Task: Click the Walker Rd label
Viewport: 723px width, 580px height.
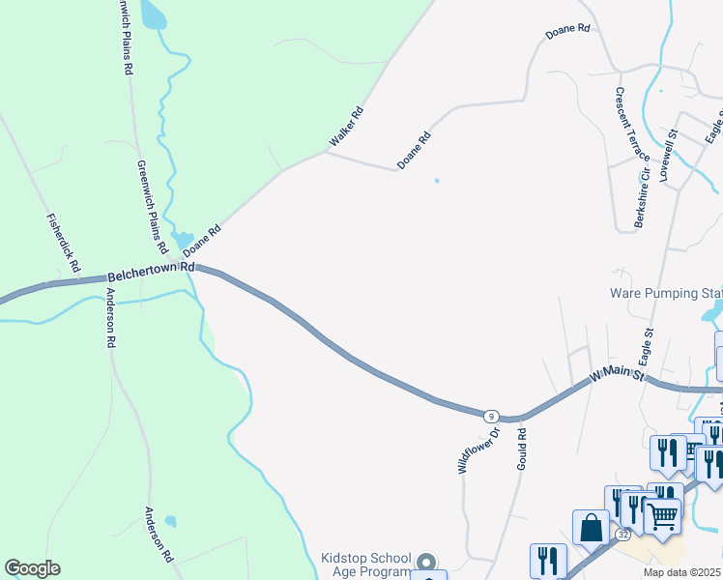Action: (x=345, y=127)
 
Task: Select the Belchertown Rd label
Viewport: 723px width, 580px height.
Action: (x=152, y=272)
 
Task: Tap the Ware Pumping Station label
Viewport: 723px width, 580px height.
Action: (x=666, y=293)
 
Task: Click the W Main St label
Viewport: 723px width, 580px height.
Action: (x=616, y=372)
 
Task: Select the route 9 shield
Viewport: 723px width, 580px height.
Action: (x=492, y=416)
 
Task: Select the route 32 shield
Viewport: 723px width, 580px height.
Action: (x=623, y=534)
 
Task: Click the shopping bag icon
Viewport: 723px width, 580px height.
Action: (x=591, y=528)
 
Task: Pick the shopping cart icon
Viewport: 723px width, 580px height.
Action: (x=663, y=516)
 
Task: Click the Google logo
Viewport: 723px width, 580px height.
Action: (x=32, y=568)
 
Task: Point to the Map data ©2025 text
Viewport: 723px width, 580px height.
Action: (x=682, y=572)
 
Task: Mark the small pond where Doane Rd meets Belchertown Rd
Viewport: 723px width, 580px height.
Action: (x=181, y=238)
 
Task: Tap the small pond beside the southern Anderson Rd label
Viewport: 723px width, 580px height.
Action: (x=170, y=521)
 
